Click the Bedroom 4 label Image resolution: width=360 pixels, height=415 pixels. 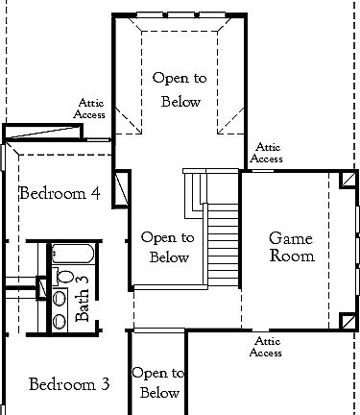click(x=60, y=193)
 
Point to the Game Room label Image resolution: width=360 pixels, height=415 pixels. click(x=291, y=247)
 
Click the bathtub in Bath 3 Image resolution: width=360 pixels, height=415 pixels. click(x=71, y=255)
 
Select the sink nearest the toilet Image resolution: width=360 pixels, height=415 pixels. click(x=60, y=297)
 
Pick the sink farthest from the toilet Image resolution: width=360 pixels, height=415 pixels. click(x=60, y=318)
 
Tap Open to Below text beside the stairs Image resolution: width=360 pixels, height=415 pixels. click(x=167, y=247)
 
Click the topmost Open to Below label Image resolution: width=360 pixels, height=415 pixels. click(x=179, y=89)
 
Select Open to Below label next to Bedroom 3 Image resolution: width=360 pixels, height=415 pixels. click(x=157, y=382)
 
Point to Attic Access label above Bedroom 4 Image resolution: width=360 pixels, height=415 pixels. click(x=89, y=109)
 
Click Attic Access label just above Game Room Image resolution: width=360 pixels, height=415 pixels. click(x=266, y=153)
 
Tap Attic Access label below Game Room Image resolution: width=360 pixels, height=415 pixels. click(x=266, y=347)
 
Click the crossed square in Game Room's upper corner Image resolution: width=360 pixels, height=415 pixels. click(x=345, y=180)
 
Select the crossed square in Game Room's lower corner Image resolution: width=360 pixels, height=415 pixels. click(x=345, y=321)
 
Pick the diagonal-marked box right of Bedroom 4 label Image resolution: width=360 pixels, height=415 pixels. click(x=120, y=188)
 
